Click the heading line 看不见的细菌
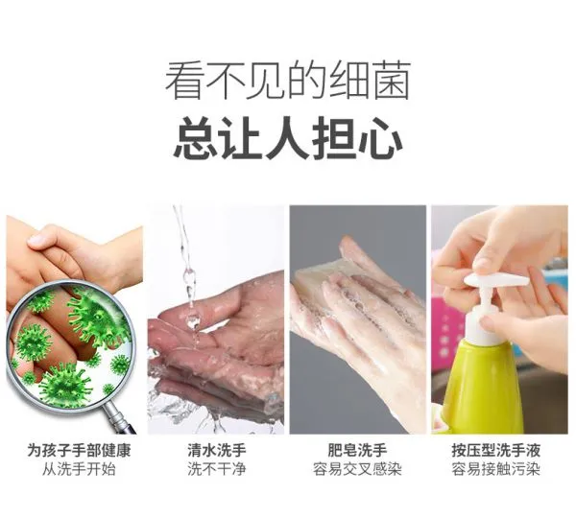288,81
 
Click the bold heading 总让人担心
288,137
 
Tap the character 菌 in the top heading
392,81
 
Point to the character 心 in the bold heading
383,137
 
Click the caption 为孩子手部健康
79,450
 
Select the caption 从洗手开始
79,469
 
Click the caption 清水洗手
216,450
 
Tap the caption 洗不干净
216,469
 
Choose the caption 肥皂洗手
357,450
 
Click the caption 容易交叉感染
357,469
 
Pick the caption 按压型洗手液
496,450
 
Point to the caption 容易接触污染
496,469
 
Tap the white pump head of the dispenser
496,282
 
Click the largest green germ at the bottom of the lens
65,385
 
